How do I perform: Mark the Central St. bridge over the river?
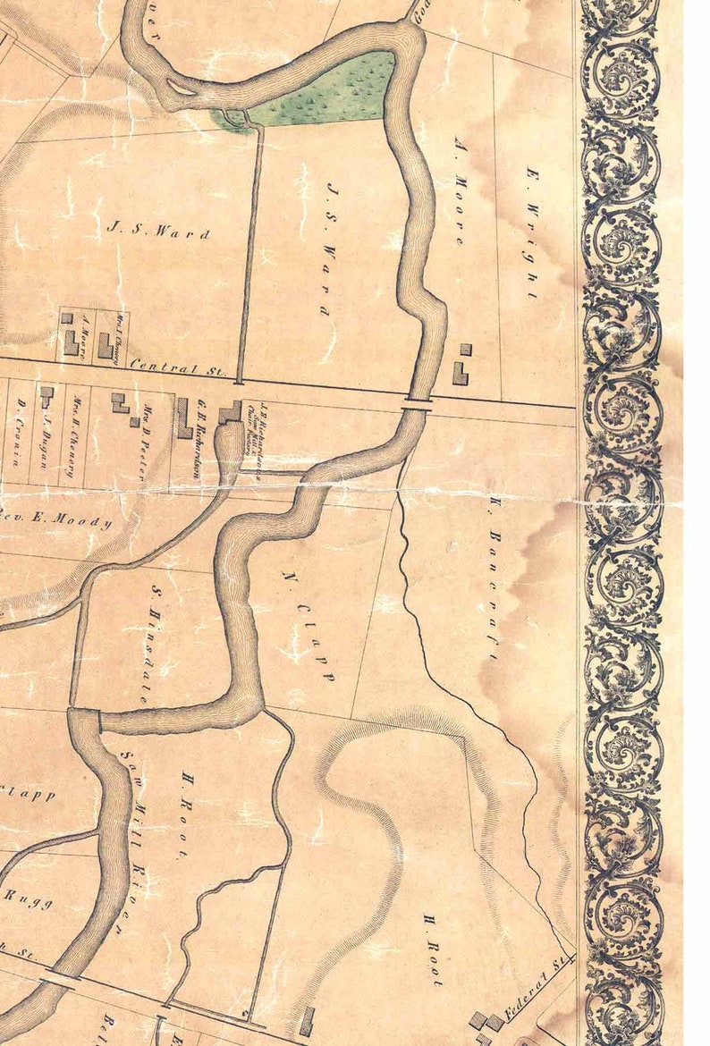417,404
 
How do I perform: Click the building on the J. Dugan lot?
46,394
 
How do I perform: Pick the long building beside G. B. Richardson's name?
184,418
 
